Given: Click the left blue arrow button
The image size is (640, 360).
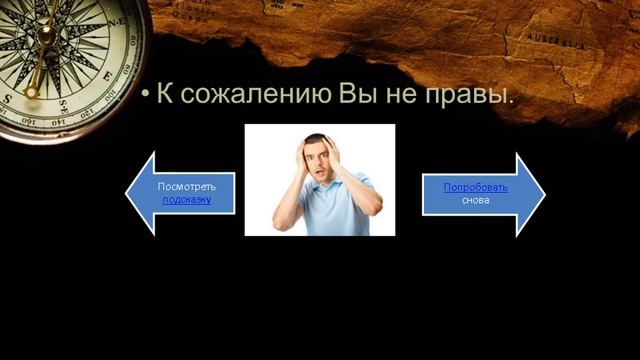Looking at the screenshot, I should (180, 193).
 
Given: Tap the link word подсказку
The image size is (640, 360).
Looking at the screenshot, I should (186, 200).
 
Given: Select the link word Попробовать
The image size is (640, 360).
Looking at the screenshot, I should (476, 187).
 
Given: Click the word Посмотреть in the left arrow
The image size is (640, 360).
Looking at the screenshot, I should (187, 187).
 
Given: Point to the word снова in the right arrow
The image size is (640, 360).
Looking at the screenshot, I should (475, 200).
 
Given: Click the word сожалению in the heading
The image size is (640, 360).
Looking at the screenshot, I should (261, 97).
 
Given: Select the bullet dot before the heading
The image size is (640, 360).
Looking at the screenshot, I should (145, 98).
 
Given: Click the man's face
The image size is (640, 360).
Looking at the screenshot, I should (319, 159).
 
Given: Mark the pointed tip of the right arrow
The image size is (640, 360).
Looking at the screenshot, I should (544, 193).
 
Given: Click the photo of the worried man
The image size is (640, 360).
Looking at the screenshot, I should (320, 180).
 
